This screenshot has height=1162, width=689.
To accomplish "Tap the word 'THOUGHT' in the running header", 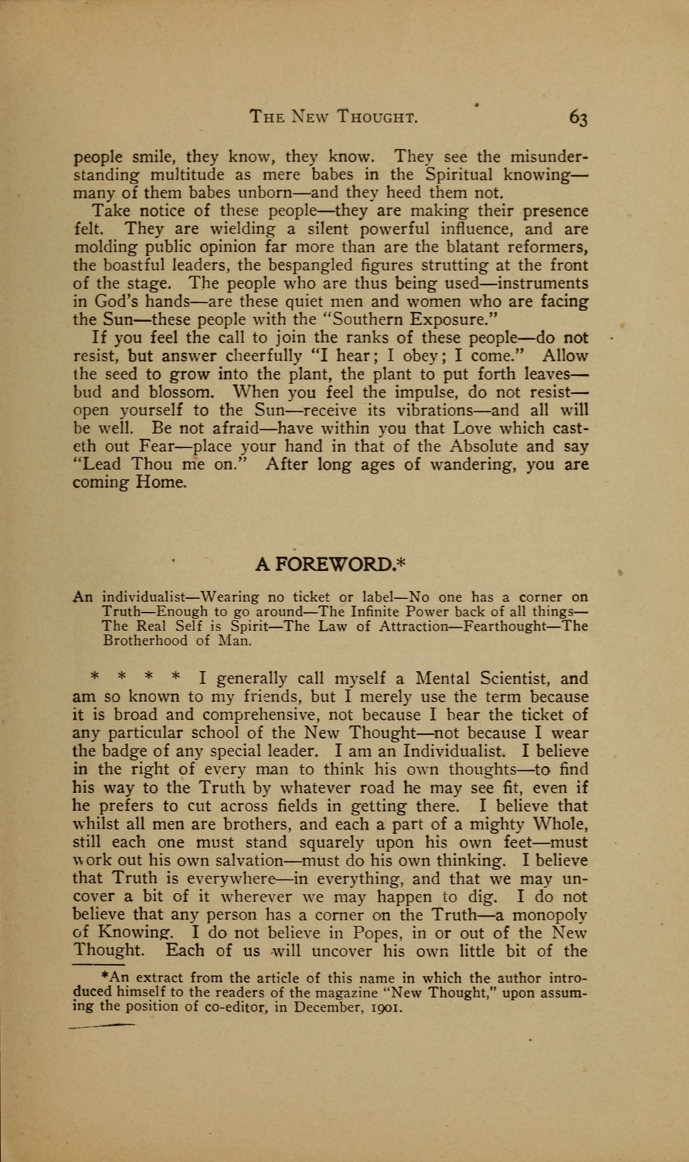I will (x=377, y=117).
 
